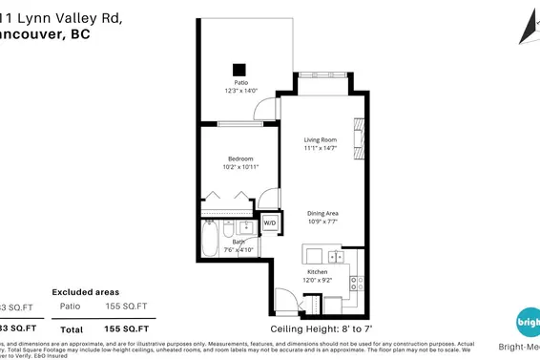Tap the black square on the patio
coord(239,69)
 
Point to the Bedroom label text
coord(240,159)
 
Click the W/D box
coord(269,223)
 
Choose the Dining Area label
coord(323,213)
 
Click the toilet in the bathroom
coord(229,230)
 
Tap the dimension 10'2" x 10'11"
coord(240,167)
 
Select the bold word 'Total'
coord(72,328)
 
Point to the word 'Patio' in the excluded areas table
coord(70,306)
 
